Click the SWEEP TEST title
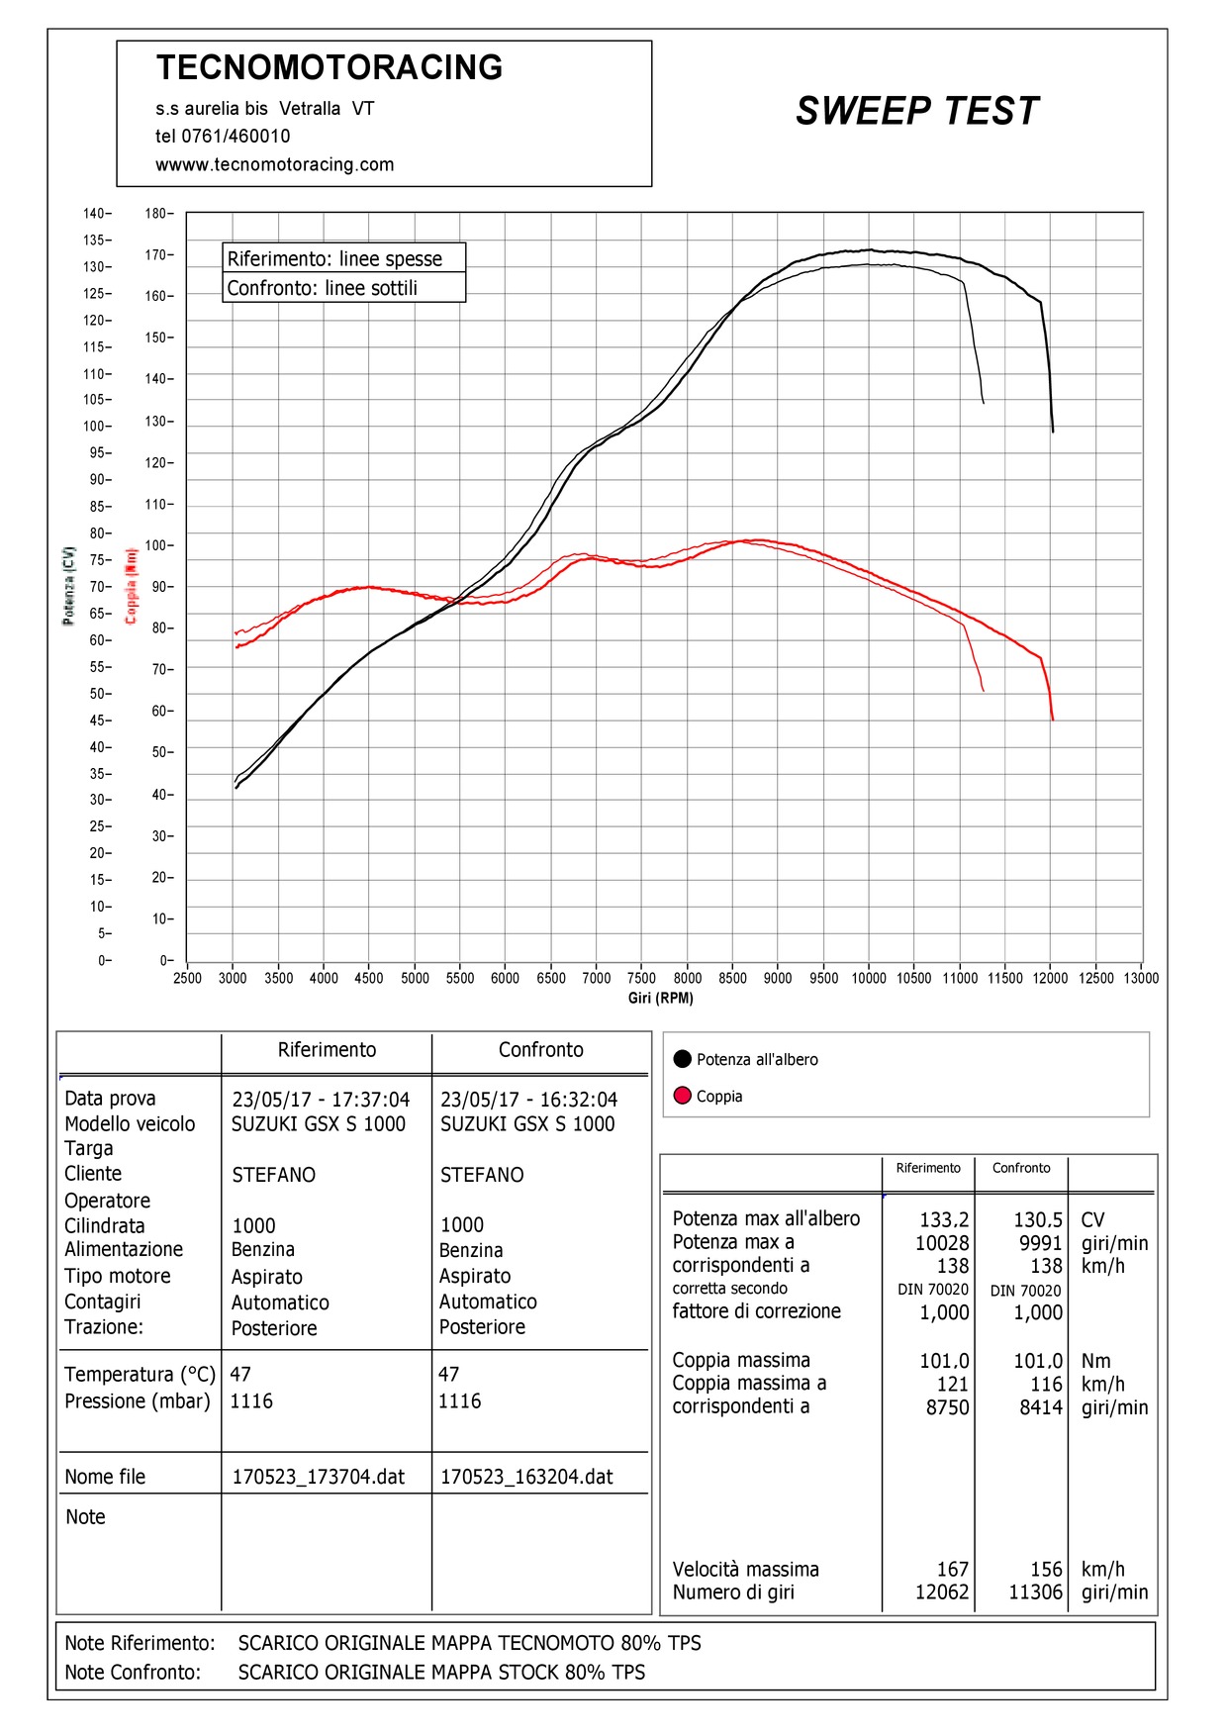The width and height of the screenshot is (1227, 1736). [917, 111]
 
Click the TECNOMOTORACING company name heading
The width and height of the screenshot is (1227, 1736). [330, 67]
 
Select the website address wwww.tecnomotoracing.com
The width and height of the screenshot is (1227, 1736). [275, 164]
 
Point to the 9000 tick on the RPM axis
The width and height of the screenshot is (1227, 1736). [778, 978]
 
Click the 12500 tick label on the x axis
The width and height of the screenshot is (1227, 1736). [1095, 978]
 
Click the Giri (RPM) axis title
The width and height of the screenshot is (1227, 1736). [661, 998]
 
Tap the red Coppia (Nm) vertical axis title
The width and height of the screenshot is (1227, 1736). [131, 586]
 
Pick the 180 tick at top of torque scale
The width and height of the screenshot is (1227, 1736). [156, 214]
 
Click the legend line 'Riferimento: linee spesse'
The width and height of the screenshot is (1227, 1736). [334, 258]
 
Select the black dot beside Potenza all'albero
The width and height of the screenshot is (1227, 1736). [682, 1059]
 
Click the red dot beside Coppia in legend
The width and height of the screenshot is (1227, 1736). [682, 1096]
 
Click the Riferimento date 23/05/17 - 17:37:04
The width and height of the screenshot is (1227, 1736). [321, 1100]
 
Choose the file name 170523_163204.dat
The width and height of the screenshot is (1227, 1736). [526, 1477]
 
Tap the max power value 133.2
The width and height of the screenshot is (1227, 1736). [944, 1219]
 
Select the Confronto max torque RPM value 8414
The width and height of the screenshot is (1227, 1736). [1041, 1407]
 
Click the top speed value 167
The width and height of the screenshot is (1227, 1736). [953, 1570]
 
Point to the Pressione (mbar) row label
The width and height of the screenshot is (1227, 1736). [138, 1401]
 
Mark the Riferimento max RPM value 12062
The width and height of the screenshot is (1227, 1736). [942, 1592]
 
